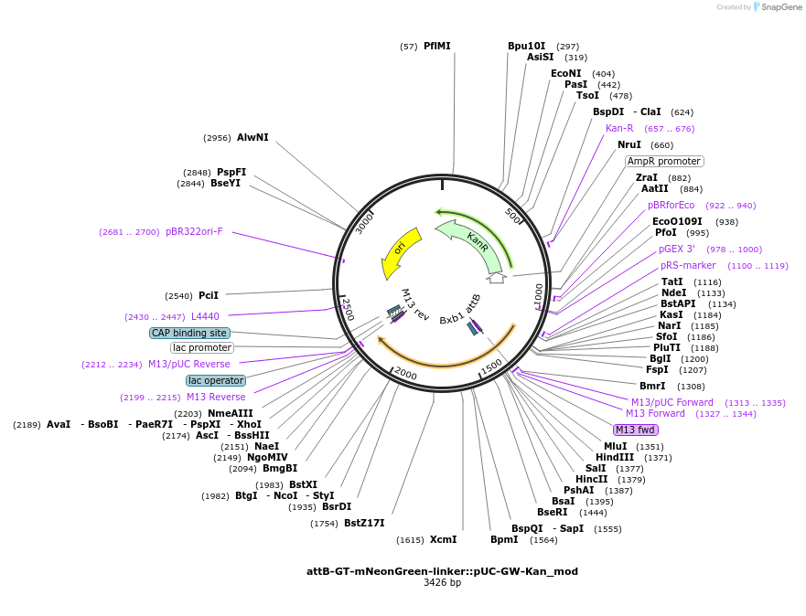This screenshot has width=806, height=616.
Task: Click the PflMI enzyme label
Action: click(x=437, y=46)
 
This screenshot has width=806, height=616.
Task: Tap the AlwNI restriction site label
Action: click(x=253, y=137)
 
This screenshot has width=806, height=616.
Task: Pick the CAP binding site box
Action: click(x=189, y=333)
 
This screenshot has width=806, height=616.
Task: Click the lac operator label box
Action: click(x=216, y=380)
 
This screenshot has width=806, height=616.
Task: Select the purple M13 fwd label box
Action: click(x=635, y=430)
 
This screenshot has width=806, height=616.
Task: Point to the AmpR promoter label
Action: click(x=664, y=161)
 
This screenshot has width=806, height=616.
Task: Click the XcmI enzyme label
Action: click(x=443, y=539)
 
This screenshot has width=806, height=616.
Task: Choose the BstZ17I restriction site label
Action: click(x=364, y=523)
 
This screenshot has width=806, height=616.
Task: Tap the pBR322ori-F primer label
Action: click(x=194, y=231)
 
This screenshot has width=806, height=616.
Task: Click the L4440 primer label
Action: click(x=205, y=316)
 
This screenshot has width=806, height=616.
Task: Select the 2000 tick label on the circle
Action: click(x=405, y=373)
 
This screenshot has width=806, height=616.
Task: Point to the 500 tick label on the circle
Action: click(x=512, y=215)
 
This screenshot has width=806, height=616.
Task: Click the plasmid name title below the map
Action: click(x=442, y=571)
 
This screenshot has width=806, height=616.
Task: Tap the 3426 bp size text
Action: click(x=442, y=582)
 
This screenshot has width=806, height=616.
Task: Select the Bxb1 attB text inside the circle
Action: click(x=460, y=309)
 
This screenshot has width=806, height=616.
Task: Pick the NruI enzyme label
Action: click(x=629, y=144)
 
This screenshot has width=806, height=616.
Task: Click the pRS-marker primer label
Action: click(x=688, y=265)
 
